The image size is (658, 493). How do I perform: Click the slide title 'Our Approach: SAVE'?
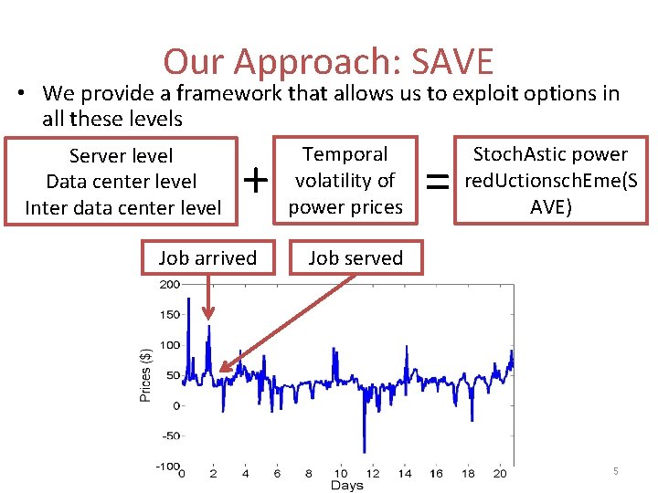(328, 62)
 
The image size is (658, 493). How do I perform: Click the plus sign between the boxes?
(258, 182)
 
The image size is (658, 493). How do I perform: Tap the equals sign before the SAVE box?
(439, 184)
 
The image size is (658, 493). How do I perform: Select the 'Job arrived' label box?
(207, 257)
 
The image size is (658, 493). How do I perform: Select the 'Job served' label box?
(356, 257)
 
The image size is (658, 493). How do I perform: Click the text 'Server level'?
(121, 156)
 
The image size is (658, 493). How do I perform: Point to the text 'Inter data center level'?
(122, 207)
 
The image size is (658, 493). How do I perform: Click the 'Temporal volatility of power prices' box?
(345, 181)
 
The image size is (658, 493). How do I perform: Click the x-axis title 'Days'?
(346, 486)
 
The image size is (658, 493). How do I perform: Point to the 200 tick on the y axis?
(169, 285)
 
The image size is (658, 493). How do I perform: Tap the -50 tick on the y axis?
(169, 435)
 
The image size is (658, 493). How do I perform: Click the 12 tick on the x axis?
(372, 474)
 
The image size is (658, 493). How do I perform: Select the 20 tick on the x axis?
(499, 474)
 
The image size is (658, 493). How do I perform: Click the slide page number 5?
(615, 471)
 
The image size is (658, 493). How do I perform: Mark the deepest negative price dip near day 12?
(366, 451)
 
